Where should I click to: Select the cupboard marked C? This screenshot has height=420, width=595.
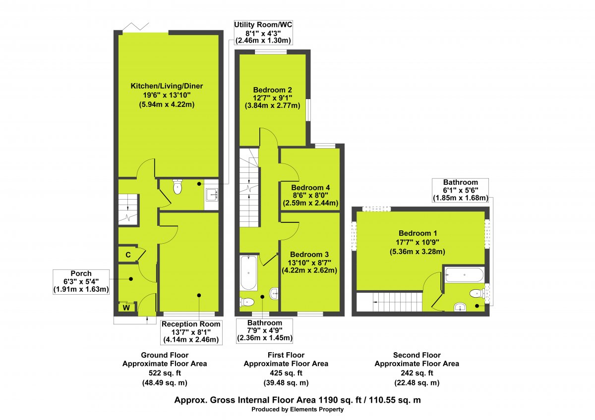pyautogui.click(x=128, y=255)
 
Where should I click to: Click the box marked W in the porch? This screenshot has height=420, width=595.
pyautogui.click(x=126, y=308)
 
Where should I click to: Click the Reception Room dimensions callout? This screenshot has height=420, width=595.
pyautogui.click(x=191, y=332)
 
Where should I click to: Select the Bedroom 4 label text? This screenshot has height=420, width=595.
pyautogui.click(x=310, y=188)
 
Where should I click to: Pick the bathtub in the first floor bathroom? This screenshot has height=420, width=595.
pyautogui.click(x=248, y=273)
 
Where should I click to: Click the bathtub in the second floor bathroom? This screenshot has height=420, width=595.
pyautogui.click(x=464, y=274)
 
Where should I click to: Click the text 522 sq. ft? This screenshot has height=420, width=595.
pyautogui.click(x=165, y=373)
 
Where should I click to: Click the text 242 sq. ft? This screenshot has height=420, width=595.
pyautogui.click(x=416, y=373)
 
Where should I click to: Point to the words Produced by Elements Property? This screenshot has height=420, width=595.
pyautogui.click(x=297, y=410)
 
